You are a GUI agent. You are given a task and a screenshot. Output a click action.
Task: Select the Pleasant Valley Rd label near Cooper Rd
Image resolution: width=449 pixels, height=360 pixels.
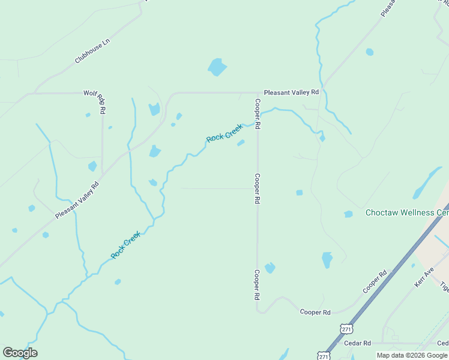coord(291,92)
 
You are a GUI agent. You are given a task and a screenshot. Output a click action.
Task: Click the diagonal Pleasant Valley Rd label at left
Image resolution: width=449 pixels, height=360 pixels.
coord(76,199)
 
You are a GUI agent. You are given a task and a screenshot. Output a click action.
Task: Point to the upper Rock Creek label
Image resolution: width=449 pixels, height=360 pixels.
coord(224,133)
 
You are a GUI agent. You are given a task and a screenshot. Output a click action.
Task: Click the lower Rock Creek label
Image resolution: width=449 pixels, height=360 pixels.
coord(125,245)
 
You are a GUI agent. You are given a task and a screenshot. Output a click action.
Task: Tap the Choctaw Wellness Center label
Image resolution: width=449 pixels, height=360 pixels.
coord(407,213)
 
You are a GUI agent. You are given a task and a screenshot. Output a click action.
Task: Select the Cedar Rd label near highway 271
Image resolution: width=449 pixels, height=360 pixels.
coord(358,343)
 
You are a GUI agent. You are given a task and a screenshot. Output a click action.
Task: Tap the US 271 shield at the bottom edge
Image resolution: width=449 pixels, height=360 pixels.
coord(324,355)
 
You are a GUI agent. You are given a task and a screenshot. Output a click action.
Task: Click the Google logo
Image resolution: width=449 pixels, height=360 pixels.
coord(20,353)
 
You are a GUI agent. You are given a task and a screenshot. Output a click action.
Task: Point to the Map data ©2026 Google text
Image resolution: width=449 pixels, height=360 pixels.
coord(412,355)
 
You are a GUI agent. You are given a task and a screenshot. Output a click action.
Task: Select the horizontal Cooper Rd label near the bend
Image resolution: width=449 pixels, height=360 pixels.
coord(315,313)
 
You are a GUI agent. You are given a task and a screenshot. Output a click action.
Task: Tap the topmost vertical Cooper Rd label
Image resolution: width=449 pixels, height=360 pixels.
coord(257,114)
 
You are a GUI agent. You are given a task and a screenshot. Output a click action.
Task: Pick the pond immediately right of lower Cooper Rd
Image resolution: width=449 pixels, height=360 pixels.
coord(270,268)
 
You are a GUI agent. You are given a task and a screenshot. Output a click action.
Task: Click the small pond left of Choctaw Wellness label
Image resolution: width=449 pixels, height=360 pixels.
coord(348,214)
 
